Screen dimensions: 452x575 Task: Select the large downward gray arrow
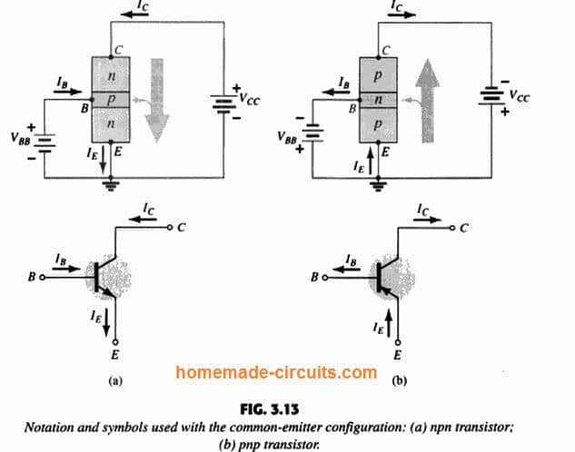click(x=157, y=100)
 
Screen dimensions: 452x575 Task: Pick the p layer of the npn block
click(x=112, y=97)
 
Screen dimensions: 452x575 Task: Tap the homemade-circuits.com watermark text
click(x=277, y=372)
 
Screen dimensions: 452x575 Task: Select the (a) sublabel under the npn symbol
click(x=114, y=381)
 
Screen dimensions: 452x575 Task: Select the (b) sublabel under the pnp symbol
click(x=397, y=381)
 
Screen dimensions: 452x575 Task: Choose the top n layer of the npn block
click(x=112, y=73)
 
